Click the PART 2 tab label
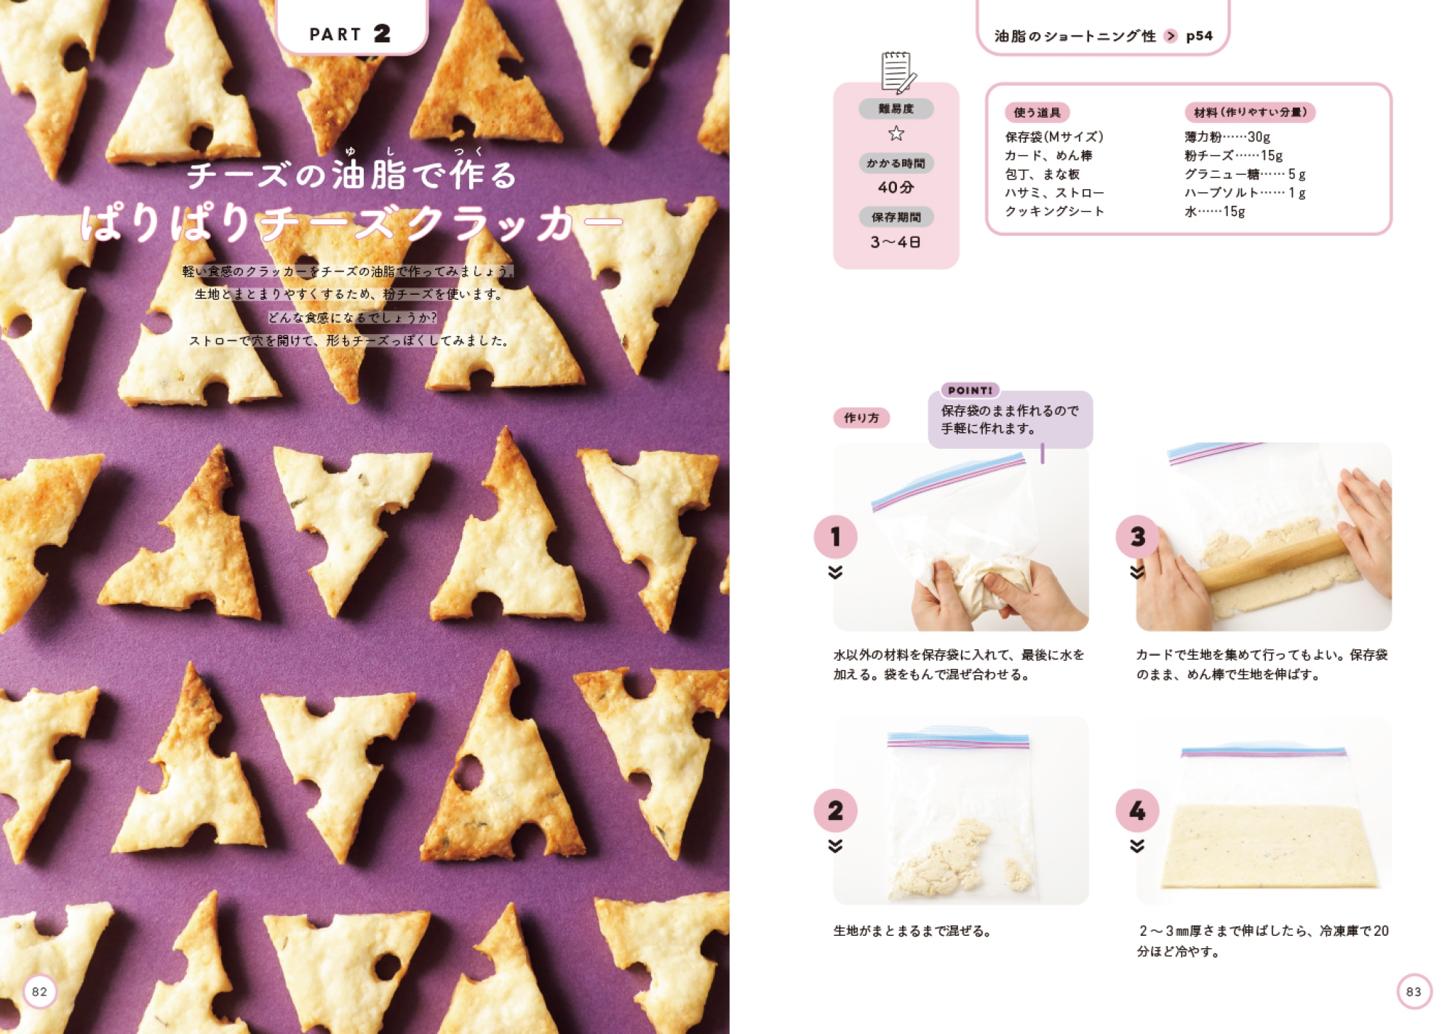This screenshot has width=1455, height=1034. pyautogui.click(x=350, y=33)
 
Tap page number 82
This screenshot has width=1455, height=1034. pyautogui.click(x=39, y=991)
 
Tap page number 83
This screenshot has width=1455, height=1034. pyautogui.click(x=1414, y=991)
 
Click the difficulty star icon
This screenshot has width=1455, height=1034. pyautogui.click(x=896, y=133)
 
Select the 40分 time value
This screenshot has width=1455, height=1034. pyautogui.click(x=896, y=187)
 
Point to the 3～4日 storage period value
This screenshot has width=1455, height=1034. pyautogui.click(x=896, y=242)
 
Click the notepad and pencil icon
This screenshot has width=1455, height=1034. pyautogui.click(x=898, y=72)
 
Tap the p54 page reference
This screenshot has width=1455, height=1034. pyautogui.click(x=1199, y=36)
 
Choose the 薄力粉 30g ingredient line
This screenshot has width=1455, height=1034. pyautogui.click(x=1227, y=137)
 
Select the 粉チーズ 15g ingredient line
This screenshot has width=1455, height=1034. pyautogui.click(x=1233, y=156)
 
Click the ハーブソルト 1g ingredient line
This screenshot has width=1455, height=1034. pyautogui.click(x=1245, y=193)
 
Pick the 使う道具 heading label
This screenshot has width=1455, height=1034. pyautogui.click(x=1037, y=112)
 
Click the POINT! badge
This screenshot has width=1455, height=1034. pyautogui.click(x=970, y=390)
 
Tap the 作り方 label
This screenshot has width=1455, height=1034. pyautogui.click(x=861, y=418)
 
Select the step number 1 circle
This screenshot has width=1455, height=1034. pyautogui.click(x=835, y=537)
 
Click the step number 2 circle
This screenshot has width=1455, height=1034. pyautogui.click(x=835, y=811)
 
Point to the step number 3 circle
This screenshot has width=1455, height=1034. pyautogui.click(x=1138, y=537)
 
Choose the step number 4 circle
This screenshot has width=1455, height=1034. pyautogui.click(x=1138, y=811)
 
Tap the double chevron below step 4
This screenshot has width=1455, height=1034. pyautogui.click(x=1138, y=846)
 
